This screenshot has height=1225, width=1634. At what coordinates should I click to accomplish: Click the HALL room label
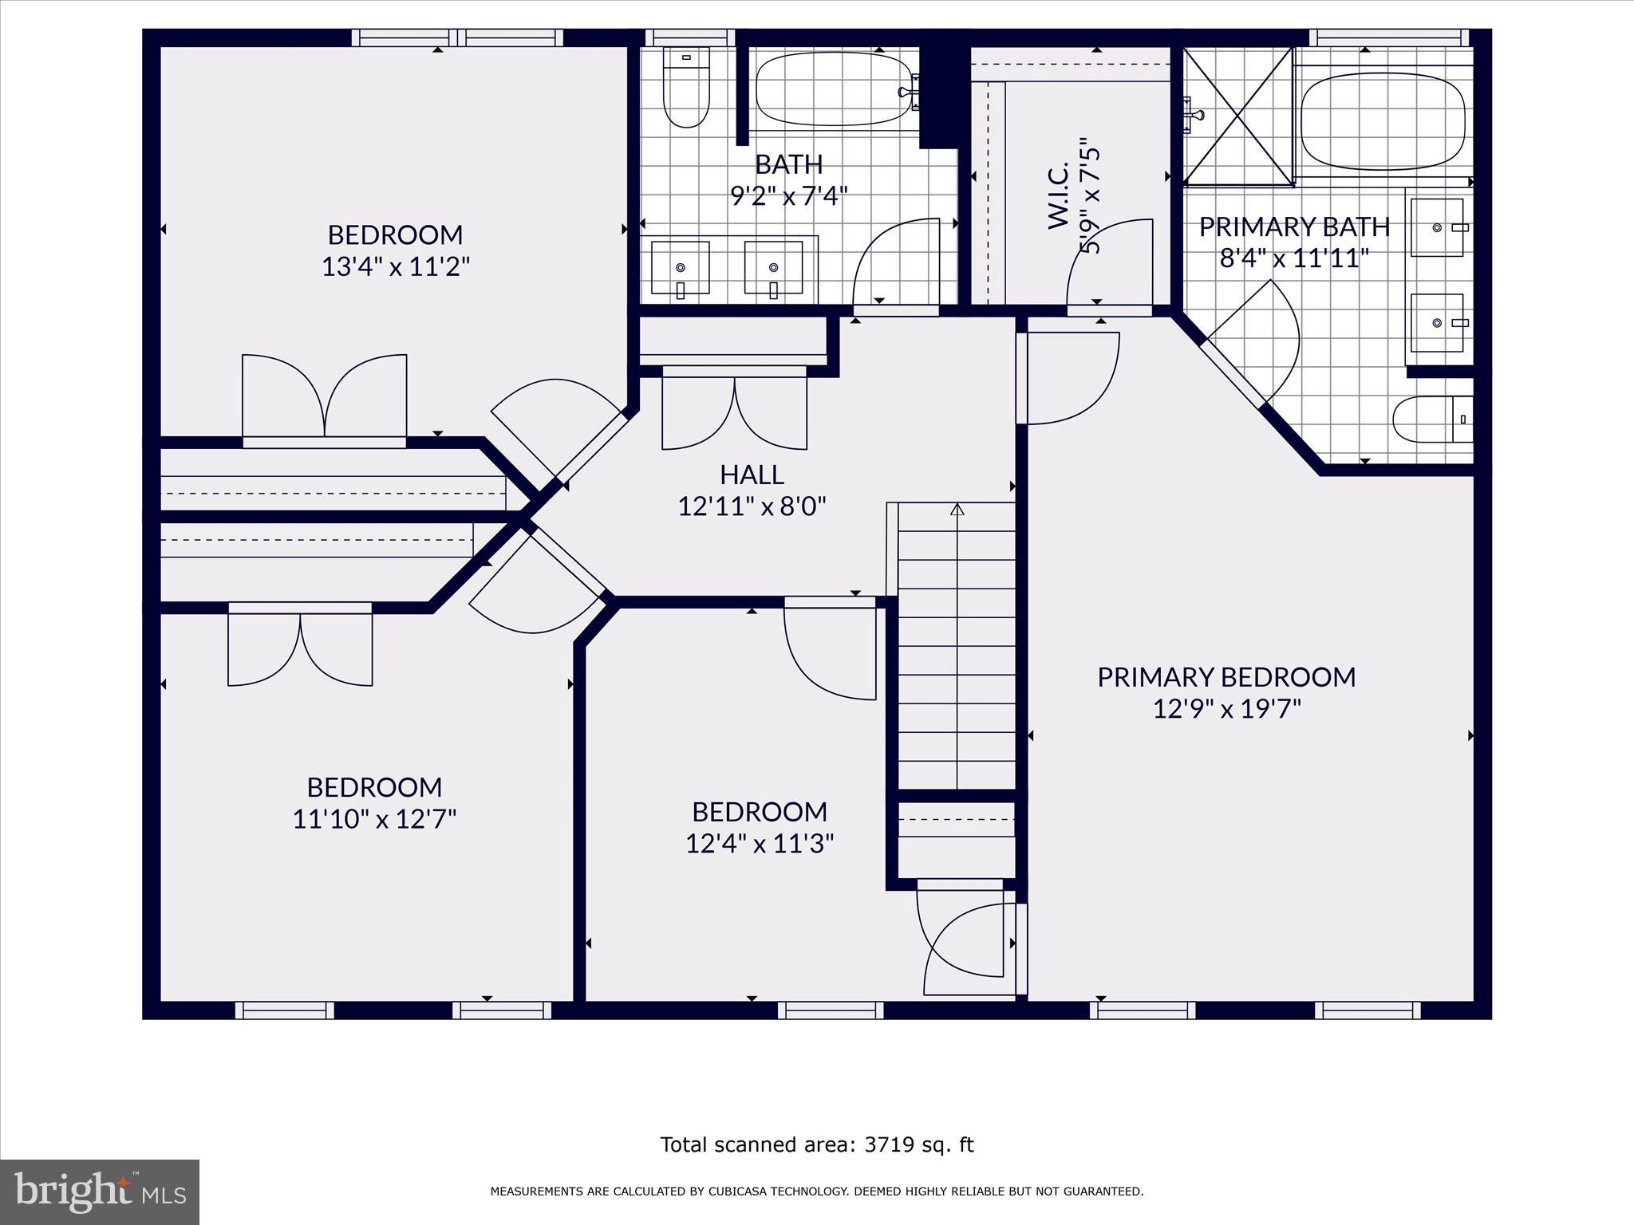click(x=752, y=475)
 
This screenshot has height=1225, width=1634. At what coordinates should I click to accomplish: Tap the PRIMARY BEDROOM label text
click(x=1226, y=677)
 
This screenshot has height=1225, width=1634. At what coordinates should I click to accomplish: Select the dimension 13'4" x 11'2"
click(x=396, y=266)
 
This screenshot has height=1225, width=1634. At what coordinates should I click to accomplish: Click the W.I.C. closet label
click(x=1058, y=196)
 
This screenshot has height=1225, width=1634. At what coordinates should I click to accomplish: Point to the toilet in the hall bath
click(x=686, y=89)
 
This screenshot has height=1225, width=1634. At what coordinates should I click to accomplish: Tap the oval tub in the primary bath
click(x=1383, y=123)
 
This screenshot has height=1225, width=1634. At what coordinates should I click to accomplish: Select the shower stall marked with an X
click(x=1237, y=116)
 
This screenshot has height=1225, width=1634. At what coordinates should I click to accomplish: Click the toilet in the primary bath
click(x=1431, y=419)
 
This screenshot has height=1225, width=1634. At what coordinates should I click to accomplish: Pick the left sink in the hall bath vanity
click(x=681, y=268)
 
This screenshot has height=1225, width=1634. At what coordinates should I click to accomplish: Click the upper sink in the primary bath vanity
click(x=1438, y=228)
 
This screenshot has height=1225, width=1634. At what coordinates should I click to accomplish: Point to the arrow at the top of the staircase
click(x=957, y=509)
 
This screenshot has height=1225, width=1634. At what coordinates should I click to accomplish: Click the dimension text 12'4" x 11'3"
click(x=760, y=844)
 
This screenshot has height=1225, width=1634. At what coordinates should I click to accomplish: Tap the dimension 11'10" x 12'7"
click(x=374, y=819)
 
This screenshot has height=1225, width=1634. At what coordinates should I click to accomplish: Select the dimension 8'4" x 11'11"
click(x=1294, y=259)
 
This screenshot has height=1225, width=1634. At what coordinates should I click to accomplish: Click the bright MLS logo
click(x=100, y=1192)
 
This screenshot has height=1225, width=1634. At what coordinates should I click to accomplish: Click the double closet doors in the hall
click(x=734, y=411)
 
